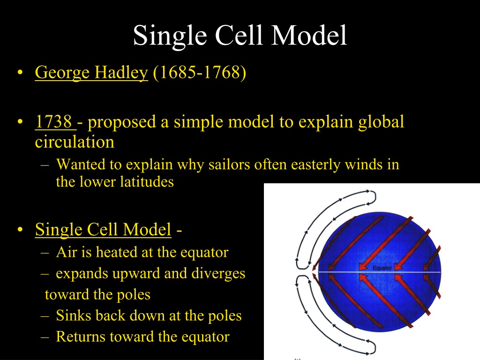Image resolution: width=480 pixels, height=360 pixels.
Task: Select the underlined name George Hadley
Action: click(x=91, y=73)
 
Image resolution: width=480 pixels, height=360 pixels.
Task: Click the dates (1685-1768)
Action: click(x=199, y=73)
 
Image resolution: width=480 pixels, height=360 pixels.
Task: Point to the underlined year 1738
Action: click(x=54, y=121)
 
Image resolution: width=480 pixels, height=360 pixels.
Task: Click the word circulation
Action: click(x=75, y=142)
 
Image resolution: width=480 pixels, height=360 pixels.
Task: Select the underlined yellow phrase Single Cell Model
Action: click(x=103, y=229)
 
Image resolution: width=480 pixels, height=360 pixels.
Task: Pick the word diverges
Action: click(x=218, y=274)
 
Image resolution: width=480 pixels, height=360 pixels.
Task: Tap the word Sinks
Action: click(x=74, y=315)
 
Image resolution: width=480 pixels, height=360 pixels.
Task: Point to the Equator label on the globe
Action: click(x=382, y=268)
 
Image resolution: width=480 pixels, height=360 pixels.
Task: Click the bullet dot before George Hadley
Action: click(x=20, y=73)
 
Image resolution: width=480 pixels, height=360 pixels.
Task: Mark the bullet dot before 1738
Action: click(x=20, y=122)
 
